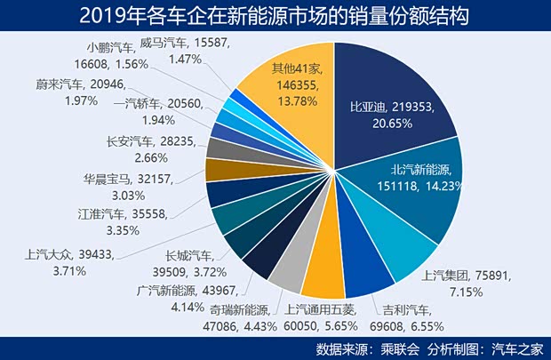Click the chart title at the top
tap(275, 16)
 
